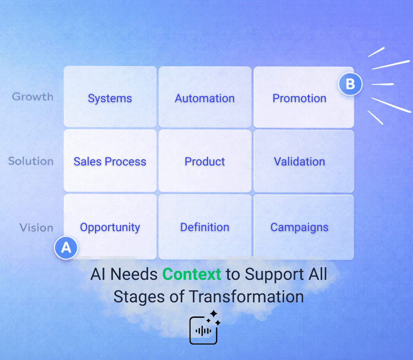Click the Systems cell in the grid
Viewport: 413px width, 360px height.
click(110, 98)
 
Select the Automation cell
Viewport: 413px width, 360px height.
click(205, 98)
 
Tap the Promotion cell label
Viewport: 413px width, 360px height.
click(299, 98)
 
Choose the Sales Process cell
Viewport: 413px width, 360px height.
click(110, 162)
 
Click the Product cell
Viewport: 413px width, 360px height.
click(205, 162)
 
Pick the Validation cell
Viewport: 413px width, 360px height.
click(299, 162)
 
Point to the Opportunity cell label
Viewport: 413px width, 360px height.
click(110, 227)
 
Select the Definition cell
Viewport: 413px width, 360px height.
click(205, 227)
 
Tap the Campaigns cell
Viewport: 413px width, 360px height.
click(299, 227)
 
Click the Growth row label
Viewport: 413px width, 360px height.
click(33, 97)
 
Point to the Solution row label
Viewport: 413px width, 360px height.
click(31, 161)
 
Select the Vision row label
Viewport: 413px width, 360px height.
click(36, 228)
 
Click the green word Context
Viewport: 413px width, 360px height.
click(192, 274)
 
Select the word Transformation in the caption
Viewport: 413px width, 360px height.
click(246, 297)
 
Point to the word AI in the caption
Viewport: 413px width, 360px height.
click(97, 274)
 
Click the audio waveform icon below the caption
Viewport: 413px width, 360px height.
click(203, 330)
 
